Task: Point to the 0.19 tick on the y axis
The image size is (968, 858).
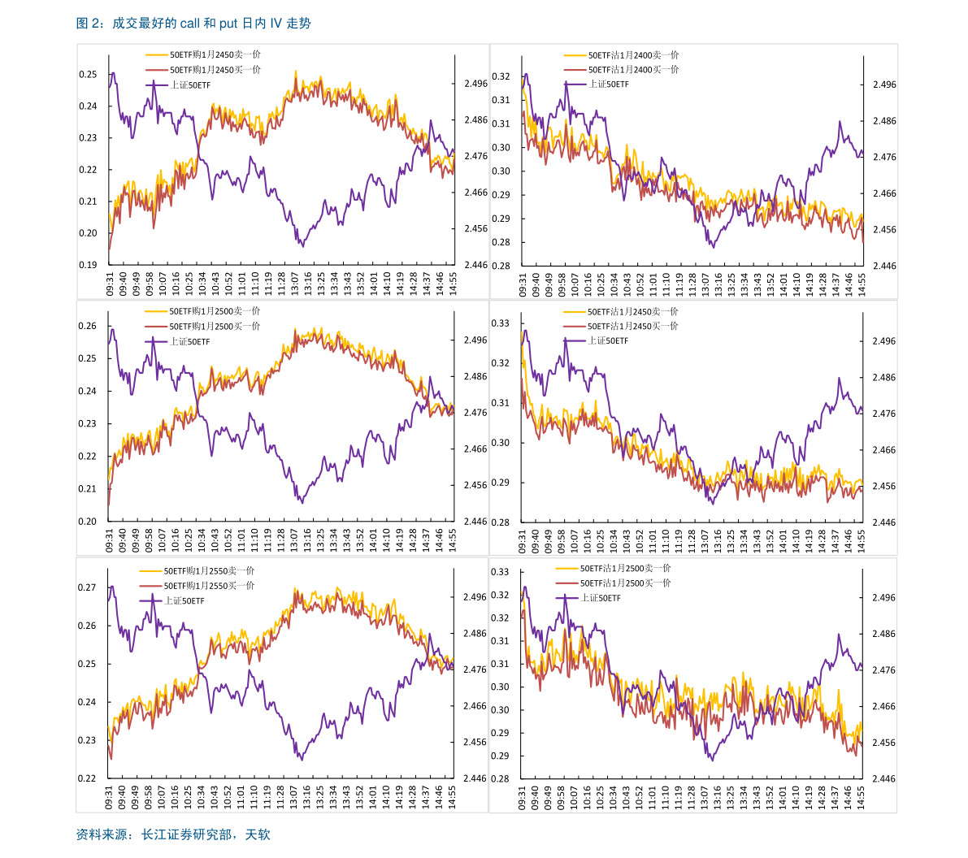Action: point(89,265)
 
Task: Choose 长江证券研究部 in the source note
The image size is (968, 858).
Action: point(186,834)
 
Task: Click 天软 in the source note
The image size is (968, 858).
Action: point(258,834)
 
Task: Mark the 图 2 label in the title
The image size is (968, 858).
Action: point(87,24)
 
